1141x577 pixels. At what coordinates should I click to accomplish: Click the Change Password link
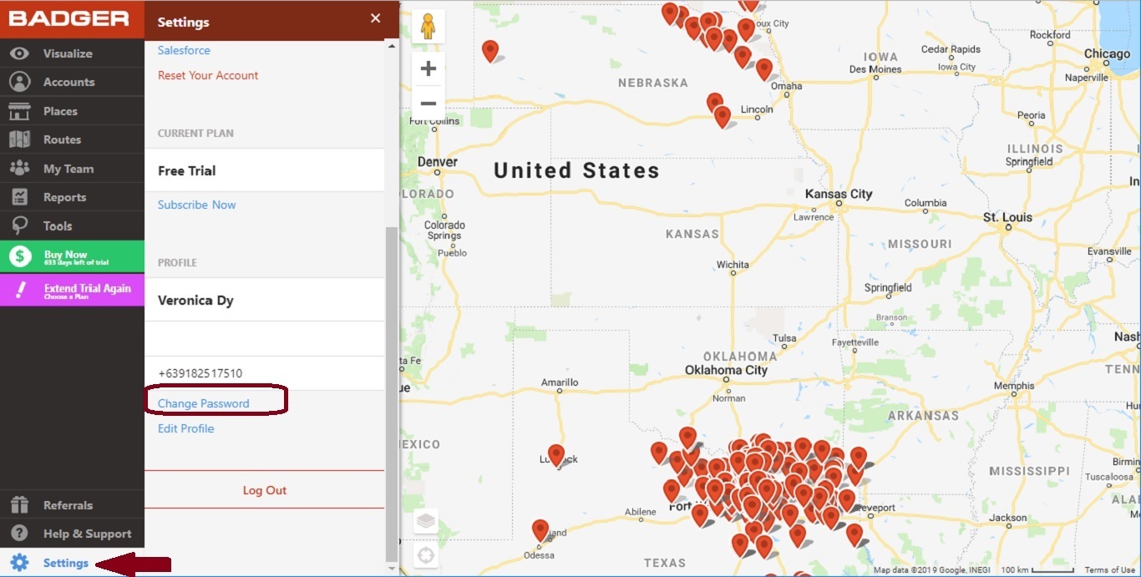click(x=204, y=403)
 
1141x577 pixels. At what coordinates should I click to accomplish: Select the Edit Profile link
click(x=186, y=428)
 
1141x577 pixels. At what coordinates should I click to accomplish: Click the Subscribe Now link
click(x=197, y=205)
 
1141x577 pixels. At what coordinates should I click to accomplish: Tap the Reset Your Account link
click(x=208, y=75)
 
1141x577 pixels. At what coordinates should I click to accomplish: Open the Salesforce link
click(x=184, y=50)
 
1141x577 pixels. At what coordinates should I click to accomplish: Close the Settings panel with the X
click(x=375, y=18)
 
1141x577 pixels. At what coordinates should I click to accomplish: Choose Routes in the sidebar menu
click(x=62, y=139)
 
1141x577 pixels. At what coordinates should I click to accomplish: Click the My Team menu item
click(x=68, y=169)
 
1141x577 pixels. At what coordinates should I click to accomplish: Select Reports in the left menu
click(x=64, y=197)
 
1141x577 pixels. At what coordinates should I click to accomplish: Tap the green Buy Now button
click(x=72, y=257)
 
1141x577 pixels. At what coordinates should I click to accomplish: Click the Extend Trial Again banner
click(x=72, y=291)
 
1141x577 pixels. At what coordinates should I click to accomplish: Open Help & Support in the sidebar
click(x=87, y=534)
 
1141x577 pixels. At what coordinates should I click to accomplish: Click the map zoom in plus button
click(x=429, y=68)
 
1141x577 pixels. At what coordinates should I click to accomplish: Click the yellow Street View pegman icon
click(x=429, y=27)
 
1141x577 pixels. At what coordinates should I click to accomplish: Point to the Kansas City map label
click(x=838, y=194)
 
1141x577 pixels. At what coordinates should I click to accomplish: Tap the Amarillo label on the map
click(x=560, y=383)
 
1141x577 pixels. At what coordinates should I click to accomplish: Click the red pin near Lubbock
click(x=556, y=455)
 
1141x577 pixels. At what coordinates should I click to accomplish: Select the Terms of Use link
click(x=1109, y=570)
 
